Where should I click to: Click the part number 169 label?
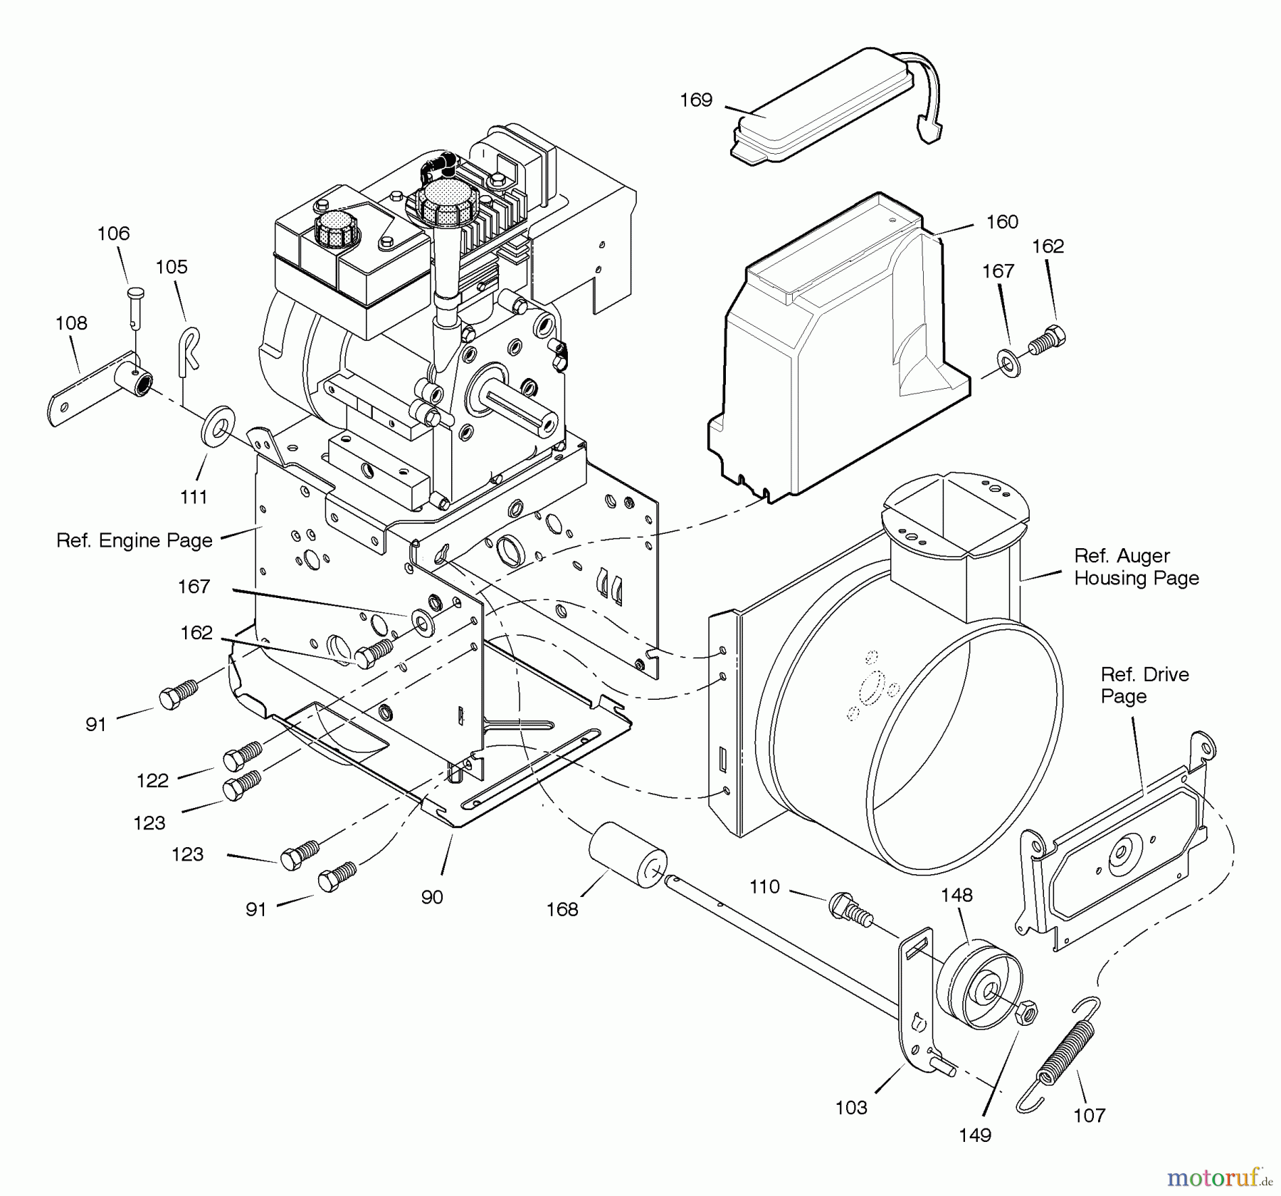(695, 100)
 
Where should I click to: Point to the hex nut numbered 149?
(1026, 1012)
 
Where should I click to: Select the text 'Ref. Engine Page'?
(135, 541)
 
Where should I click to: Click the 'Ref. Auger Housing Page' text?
(1136, 567)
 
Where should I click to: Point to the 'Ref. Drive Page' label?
(1144, 685)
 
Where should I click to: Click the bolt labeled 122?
(243, 757)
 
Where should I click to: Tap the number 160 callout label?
(1002, 222)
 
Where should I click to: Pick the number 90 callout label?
(432, 897)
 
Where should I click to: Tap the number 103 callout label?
(851, 1108)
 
